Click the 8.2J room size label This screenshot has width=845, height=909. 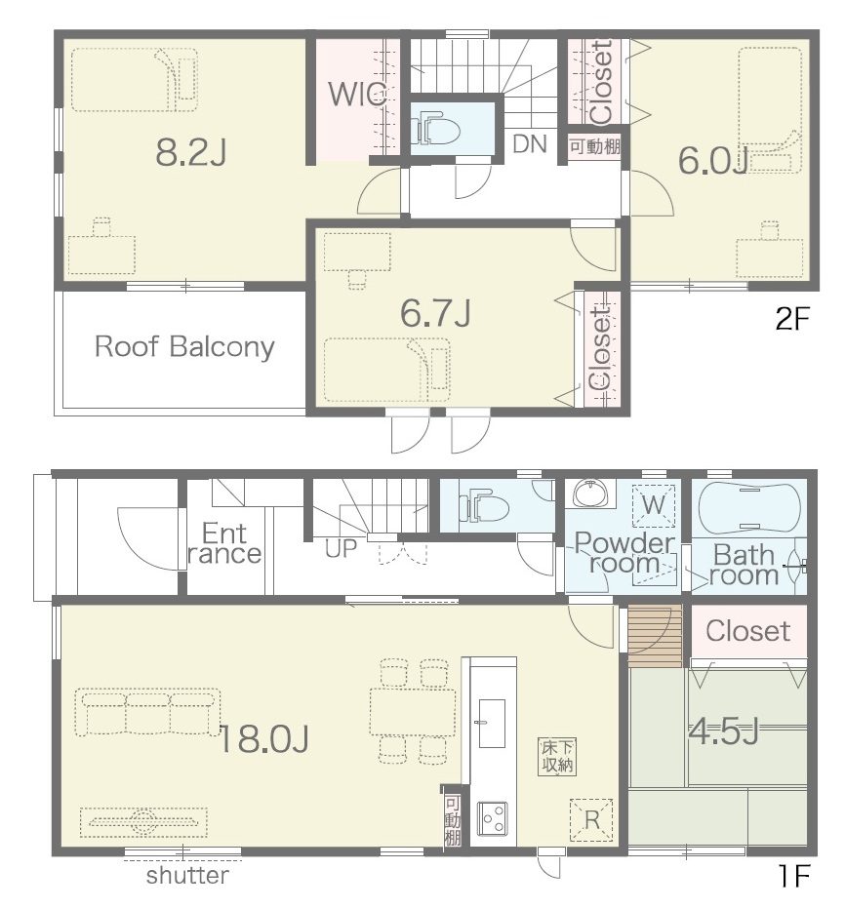pyautogui.click(x=191, y=153)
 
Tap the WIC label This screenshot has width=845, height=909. pyautogui.click(x=357, y=95)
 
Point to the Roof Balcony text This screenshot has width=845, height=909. pyautogui.click(x=184, y=346)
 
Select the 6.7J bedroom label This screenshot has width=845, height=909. pyautogui.click(x=435, y=313)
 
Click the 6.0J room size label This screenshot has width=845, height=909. pyautogui.click(x=712, y=161)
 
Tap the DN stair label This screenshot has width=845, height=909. pyautogui.click(x=530, y=144)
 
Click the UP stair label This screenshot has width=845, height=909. pyautogui.click(x=341, y=548)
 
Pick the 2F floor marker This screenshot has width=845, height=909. pyautogui.click(x=792, y=318)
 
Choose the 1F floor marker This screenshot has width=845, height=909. pyautogui.click(x=793, y=876)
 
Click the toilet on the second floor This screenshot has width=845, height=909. pyautogui.click(x=435, y=131)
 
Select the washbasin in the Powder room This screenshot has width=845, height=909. pyautogui.click(x=590, y=494)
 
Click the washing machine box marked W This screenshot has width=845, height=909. pyautogui.click(x=654, y=505)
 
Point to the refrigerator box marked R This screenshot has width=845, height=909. pyautogui.click(x=591, y=819)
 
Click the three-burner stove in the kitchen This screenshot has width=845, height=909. pyautogui.click(x=493, y=818)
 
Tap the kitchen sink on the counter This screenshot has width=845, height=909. pyautogui.click(x=491, y=724)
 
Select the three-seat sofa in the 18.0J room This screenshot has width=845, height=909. pyautogui.click(x=148, y=713)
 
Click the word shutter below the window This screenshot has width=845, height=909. pyautogui.click(x=187, y=876)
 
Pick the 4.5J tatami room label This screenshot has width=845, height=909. pyautogui.click(x=723, y=731)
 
